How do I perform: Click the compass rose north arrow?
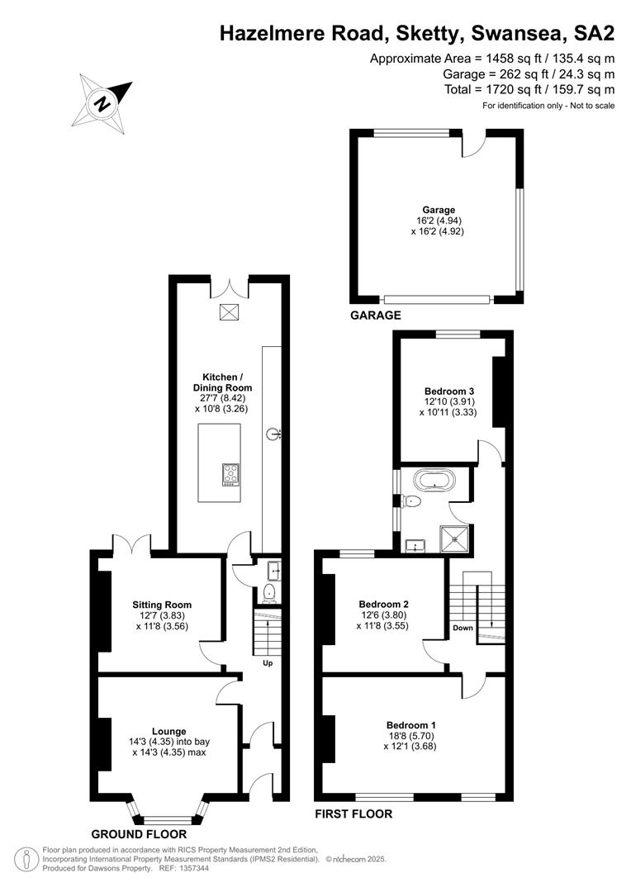(x=102, y=103)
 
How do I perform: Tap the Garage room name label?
(x=438, y=210)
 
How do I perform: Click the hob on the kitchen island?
(x=230, y=475)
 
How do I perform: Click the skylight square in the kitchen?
(x=229, y=312)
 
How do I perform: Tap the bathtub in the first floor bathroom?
(x=435, y=479)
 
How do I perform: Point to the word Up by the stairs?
(x=268, y=662)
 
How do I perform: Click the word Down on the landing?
(x=463, y=628)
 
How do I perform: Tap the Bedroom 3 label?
(x=449, y=391)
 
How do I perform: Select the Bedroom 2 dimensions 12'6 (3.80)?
(x=383, y=615)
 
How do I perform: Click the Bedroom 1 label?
(x=410, y=725)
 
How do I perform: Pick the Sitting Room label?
(x=162, y=605)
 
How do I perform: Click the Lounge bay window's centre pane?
(x=169, y=820)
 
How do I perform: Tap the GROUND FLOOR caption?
(x=139, y=834)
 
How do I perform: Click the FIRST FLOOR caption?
(x=353, y=814)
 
